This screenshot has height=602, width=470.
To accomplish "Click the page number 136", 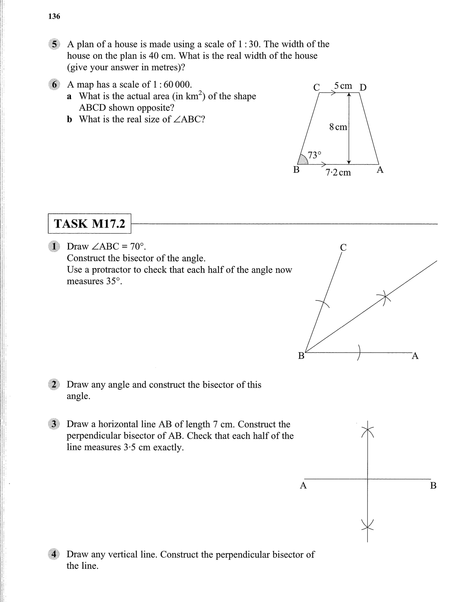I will click(54, 17).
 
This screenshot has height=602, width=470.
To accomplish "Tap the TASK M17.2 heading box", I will click(89, 224).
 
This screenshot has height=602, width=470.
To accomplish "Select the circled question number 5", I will click(54, 44).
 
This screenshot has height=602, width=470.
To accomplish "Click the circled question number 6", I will click(54, 85).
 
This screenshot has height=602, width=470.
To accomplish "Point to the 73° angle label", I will click(314, 155).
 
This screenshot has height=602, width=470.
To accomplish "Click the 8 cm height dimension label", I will click(338, 127).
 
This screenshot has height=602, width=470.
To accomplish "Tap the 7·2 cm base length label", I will click(338, 172).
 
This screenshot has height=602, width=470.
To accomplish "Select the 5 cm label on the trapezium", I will click(343, 86).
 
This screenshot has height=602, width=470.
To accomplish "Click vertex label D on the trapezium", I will click(363, 87).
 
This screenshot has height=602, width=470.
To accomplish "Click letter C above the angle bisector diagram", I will click(343, 247).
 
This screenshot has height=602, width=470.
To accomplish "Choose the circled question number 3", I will click(54, 424).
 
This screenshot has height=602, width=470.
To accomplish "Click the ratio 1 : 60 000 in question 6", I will click(172, 85).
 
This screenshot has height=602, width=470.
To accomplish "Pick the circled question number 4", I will click(54, 554).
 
